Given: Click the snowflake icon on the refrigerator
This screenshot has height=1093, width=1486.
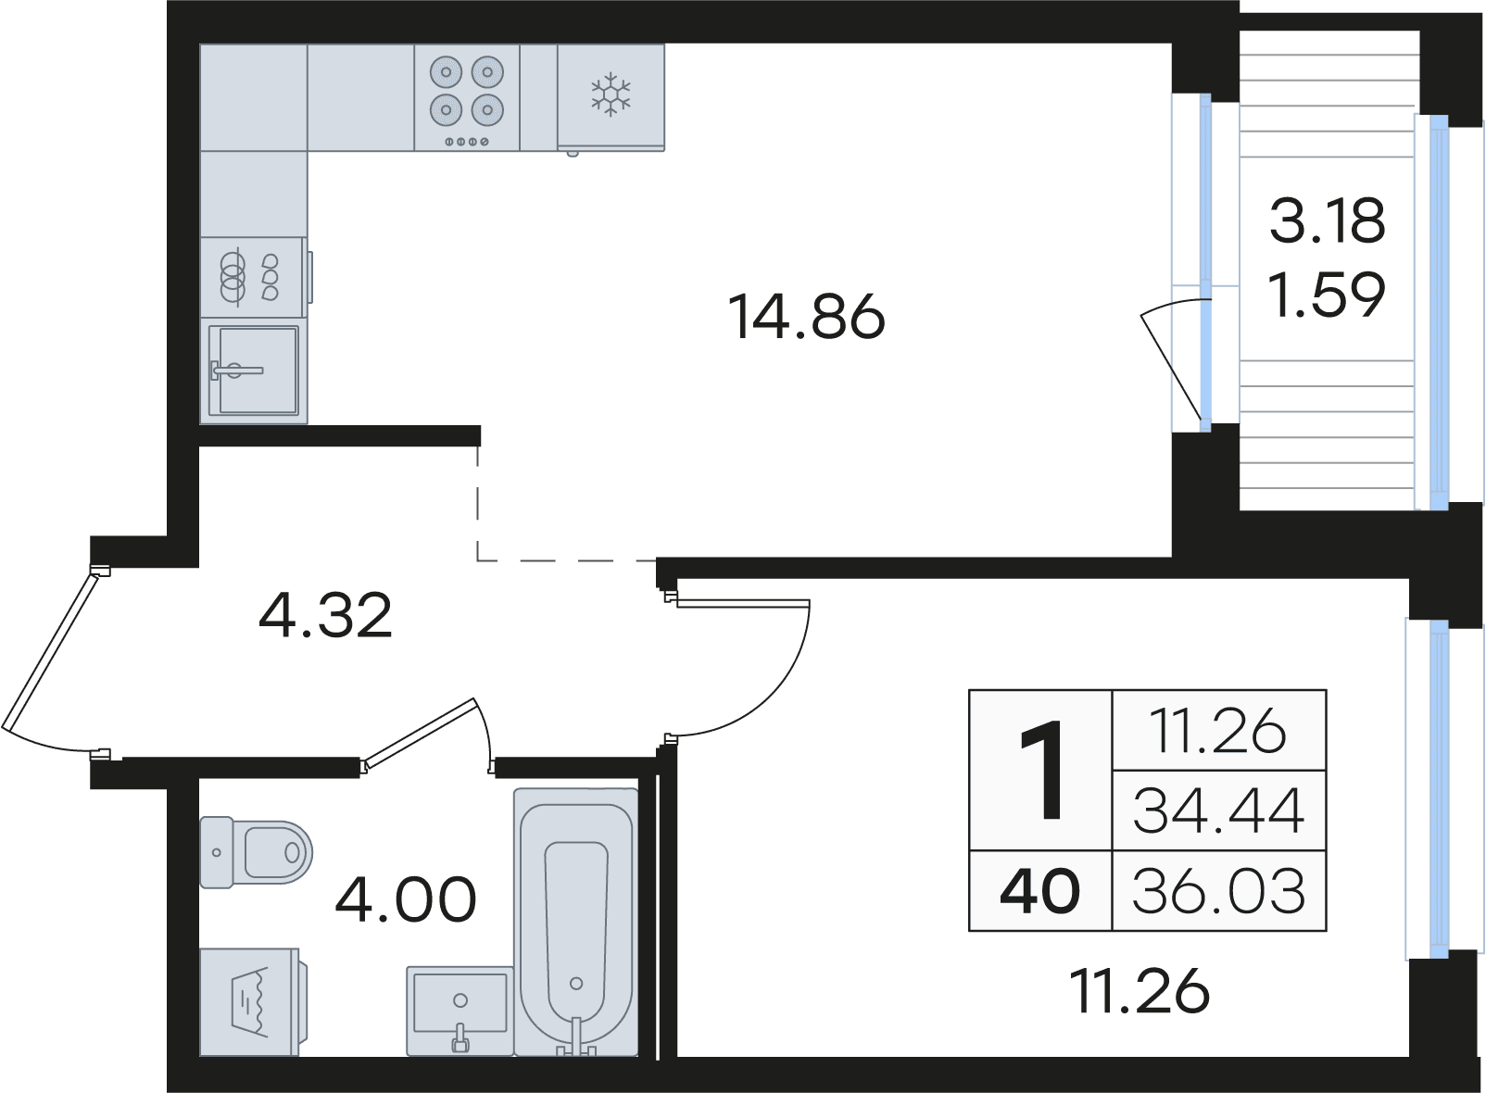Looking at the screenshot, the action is [611, 95].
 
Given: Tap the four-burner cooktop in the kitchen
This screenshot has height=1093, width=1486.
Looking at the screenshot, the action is [466, 97].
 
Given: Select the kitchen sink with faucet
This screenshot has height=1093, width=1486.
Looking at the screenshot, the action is [254, 371].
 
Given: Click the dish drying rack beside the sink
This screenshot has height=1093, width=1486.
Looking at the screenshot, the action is [254, 277].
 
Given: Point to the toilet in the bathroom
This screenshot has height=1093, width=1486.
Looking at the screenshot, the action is [256, 851].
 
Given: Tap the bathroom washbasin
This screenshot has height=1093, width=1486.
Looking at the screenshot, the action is [460, 1010].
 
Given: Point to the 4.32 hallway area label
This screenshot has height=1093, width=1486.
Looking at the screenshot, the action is [325, 616].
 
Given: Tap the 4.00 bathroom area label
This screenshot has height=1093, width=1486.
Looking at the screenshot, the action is [406, 899].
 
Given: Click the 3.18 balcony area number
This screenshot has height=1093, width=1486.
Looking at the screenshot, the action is [1328, 220].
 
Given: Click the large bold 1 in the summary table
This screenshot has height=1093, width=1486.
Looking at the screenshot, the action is [1041, 771].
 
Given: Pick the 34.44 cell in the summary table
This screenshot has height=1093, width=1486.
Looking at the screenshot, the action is [1218, 811].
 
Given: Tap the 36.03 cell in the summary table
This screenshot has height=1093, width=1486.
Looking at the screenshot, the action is [1218, 891].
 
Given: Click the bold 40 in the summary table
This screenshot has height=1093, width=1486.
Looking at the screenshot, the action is [1039, 891].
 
